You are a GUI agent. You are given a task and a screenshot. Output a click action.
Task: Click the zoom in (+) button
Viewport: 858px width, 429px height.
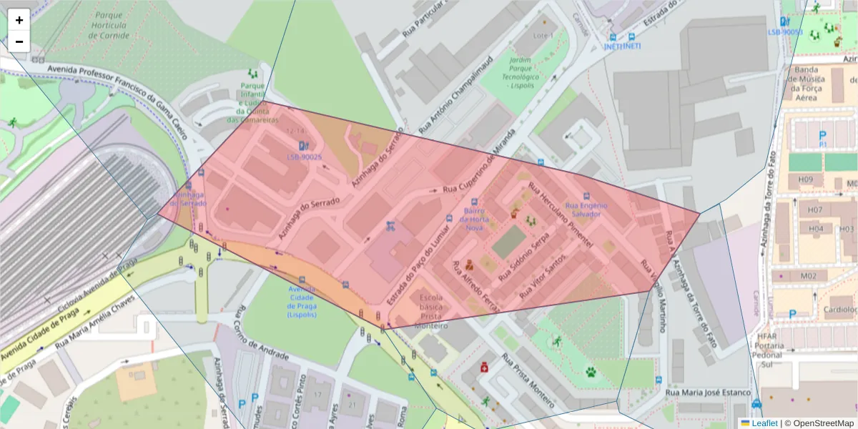coord(19,20)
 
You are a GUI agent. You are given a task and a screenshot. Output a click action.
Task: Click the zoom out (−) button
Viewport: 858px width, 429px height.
coord(19,41)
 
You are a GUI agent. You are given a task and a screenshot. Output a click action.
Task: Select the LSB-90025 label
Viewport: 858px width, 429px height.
coord(305,157)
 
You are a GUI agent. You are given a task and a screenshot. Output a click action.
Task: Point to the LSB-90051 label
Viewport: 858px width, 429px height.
coord(785,32)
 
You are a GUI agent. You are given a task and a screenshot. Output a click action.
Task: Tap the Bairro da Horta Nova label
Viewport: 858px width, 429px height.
coord(475,219)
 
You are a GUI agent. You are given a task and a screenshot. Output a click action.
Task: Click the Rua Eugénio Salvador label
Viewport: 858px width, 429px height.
coord(586,209)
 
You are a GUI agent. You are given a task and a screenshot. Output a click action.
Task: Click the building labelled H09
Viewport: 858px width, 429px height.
coord(806,179)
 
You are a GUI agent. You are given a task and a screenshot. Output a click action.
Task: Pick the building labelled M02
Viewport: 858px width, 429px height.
coord(809,276)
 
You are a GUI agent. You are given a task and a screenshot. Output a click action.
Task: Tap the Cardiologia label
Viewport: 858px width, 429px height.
coord(839,310)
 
